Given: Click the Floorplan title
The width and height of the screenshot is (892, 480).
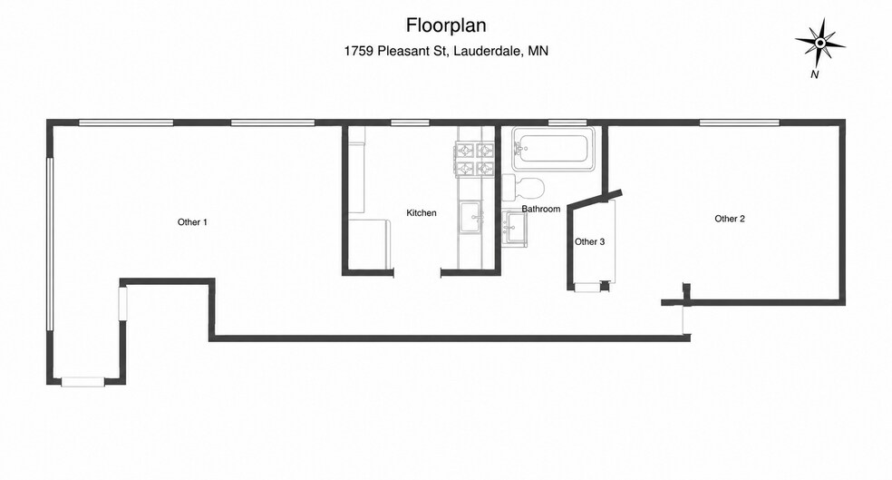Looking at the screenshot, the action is (x=446, y=25).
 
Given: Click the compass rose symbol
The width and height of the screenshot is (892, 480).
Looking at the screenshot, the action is (x=819, y=44).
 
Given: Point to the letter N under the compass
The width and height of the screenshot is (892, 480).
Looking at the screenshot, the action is (x=815, y=74).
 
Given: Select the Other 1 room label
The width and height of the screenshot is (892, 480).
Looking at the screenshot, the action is (x=192, y=222).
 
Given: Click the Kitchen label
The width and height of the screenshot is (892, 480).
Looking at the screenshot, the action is (x=422, y=213).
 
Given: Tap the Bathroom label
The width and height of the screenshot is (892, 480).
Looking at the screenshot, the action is (x=541, y=209).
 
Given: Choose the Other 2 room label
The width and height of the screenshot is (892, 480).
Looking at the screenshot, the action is (x=730, y=219).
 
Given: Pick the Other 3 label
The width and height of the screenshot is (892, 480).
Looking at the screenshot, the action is (x=589, y=242).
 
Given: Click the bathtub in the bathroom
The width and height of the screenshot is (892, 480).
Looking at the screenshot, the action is (x=553, y=149).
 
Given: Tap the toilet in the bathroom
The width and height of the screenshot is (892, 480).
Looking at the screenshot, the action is (x=523, y=187).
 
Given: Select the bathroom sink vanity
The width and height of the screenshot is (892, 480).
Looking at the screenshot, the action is (x=514, y=229).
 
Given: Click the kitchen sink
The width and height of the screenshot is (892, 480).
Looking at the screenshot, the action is (x=470, y=217).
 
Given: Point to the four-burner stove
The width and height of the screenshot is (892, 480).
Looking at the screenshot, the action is (x=474, y=160).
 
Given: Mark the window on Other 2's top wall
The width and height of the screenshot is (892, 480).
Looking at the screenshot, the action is (x=740, y=122).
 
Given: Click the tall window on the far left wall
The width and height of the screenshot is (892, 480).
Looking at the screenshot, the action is (x=50, y=244).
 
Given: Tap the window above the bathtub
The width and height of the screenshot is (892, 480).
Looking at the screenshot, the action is (x=567, y=122).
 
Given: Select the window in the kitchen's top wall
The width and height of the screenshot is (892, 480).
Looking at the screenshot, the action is (x=410, y=122).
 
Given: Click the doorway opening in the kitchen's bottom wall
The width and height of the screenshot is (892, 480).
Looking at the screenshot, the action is (x=418, y=273).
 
